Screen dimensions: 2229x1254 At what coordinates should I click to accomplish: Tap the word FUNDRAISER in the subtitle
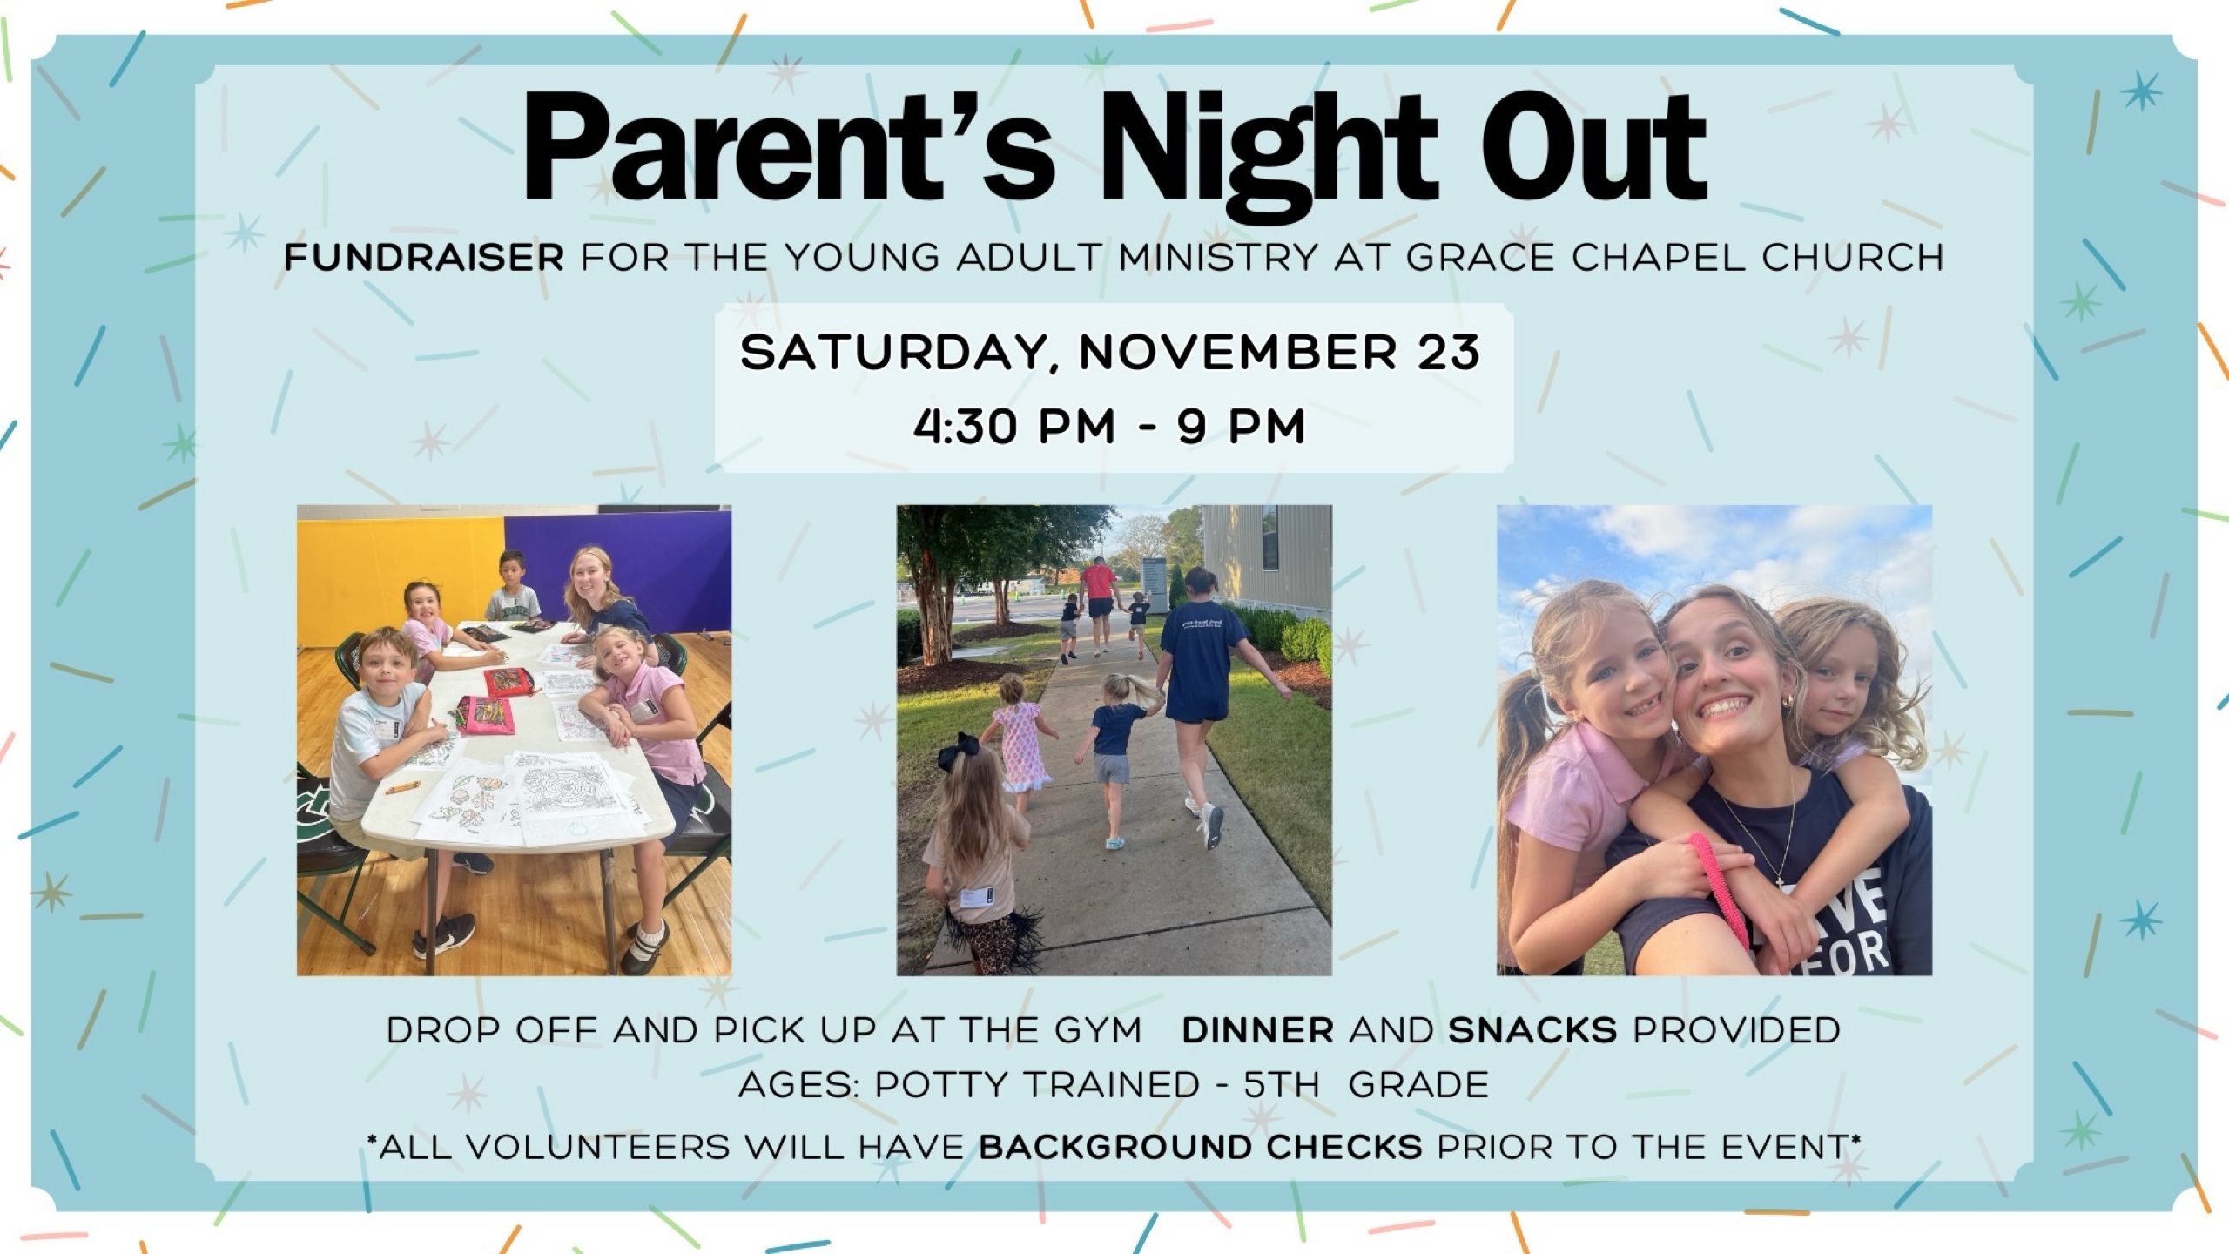[424, 258]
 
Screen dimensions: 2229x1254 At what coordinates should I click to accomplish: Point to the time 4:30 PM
[1014, 428]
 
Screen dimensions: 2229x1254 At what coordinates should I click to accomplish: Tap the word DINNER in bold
[1257, 1030]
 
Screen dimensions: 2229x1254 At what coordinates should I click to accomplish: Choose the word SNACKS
[1532, 1030]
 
